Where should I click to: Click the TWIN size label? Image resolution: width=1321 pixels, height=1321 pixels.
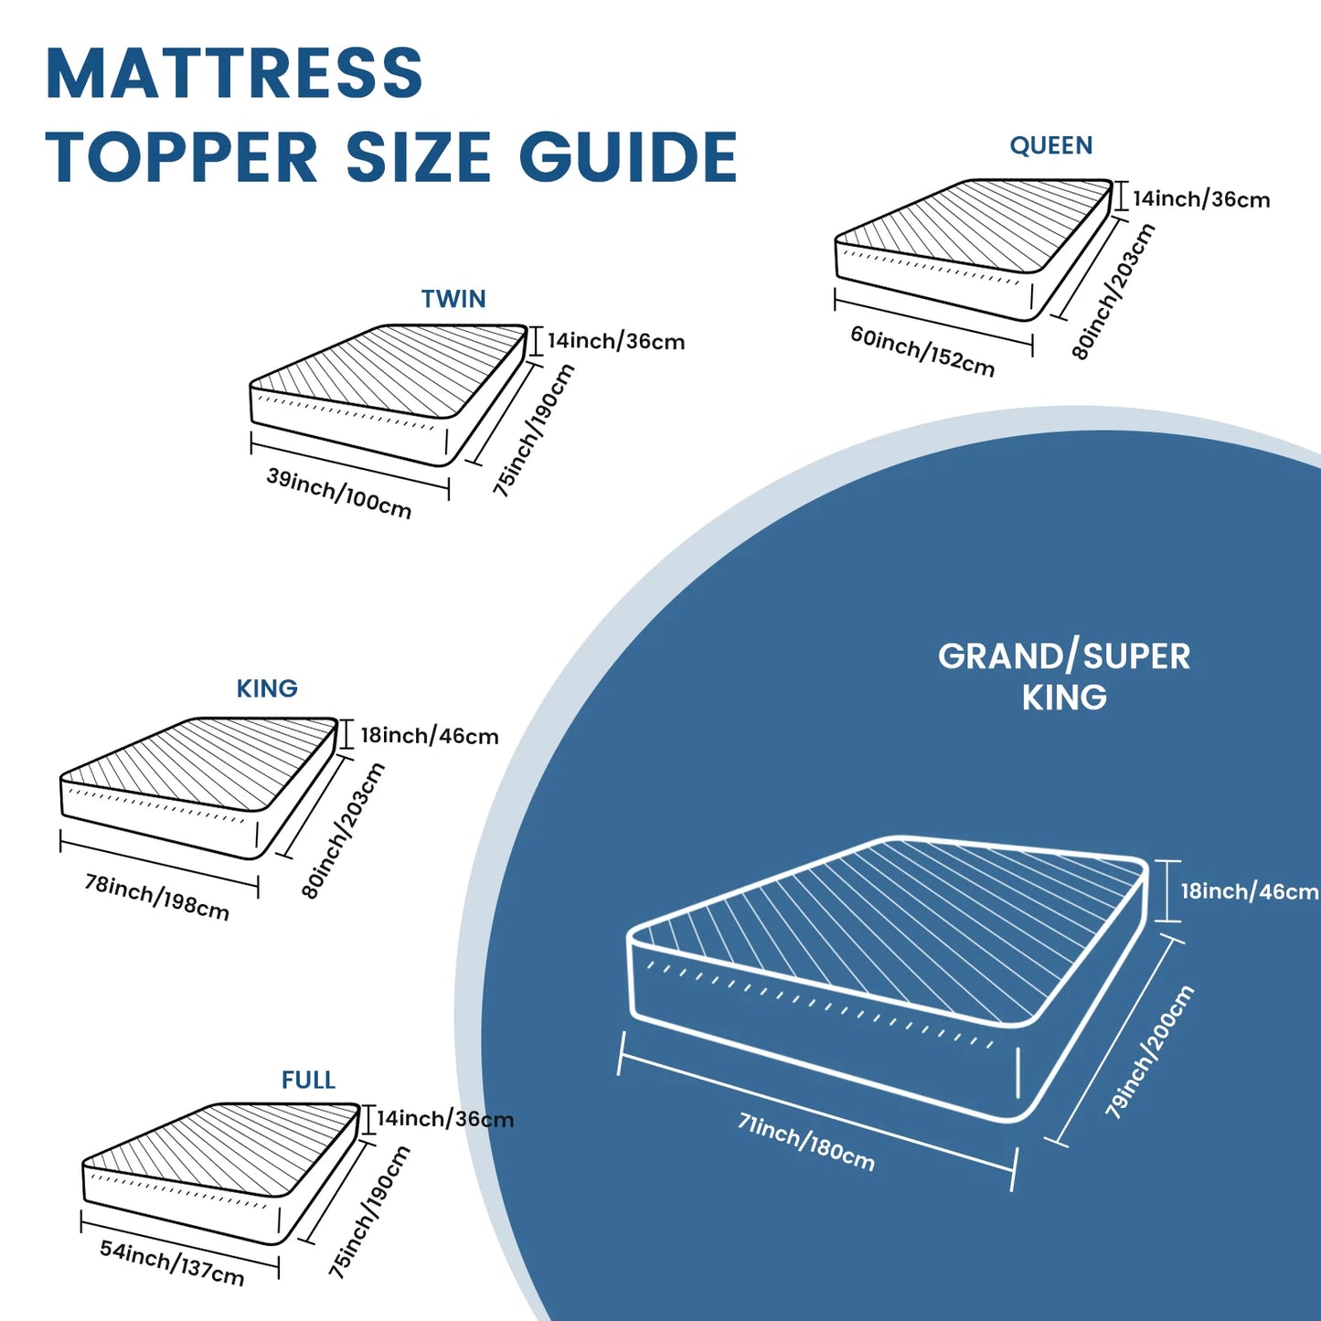coord(453,299)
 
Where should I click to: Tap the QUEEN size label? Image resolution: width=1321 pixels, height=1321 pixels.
coord(1050,145)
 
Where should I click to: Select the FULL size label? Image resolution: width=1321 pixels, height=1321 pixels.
coord(308,1080)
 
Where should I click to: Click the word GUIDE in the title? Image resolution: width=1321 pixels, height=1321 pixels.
coord(628,157)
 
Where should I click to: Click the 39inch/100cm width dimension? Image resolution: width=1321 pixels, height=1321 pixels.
coord(339,494)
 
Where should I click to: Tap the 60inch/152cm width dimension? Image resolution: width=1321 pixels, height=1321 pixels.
coord(922,352)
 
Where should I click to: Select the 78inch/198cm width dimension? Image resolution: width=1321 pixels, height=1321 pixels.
coord(156,897)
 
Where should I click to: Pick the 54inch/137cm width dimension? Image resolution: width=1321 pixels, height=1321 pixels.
coord(172,1262)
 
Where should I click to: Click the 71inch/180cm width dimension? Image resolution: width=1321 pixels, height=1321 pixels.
coord(806,1142)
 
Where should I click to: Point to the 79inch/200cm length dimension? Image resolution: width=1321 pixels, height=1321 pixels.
coord(1149,1052)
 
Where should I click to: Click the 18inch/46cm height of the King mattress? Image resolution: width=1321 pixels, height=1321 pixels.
coord(429,736)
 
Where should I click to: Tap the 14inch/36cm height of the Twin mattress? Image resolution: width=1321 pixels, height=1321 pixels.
coord(616,342)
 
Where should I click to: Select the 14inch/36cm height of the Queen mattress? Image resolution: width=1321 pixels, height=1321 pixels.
coord(1201,199)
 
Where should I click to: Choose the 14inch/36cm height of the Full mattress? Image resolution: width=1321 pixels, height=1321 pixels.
coord(445,1119)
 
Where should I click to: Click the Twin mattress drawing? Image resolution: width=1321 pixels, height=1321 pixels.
coord(388,393)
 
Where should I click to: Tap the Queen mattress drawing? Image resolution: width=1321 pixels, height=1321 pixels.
coord(973,247)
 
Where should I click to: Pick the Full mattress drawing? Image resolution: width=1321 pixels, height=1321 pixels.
coord(219,1170)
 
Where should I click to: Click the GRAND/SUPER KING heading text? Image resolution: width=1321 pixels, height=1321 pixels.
coord(1064,676)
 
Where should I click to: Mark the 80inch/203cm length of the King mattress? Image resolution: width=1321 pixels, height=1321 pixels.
coord(344,831)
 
